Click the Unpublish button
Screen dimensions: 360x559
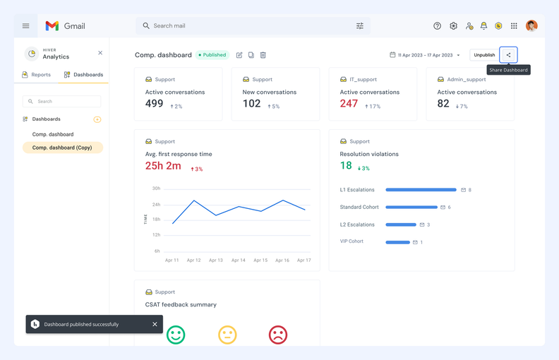484,55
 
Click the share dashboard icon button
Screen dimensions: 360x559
508,55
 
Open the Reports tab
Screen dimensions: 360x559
36,75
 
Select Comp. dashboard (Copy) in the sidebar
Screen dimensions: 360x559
62,148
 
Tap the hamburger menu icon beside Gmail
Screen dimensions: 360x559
26,26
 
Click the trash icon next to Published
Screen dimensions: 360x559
263,55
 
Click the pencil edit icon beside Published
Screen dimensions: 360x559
239,55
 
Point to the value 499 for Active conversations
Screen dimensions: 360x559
154,104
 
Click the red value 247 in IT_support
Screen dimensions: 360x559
349,104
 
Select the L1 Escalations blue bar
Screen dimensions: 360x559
421,190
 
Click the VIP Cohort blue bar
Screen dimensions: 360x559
398,242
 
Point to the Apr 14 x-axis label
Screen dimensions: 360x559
239,260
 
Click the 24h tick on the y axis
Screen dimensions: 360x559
156,205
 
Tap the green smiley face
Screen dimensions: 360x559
176,335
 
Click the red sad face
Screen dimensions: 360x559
278,335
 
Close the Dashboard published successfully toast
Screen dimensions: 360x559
155,325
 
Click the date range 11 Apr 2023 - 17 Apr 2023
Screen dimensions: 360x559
424,55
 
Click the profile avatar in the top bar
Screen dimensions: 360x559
531,26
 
